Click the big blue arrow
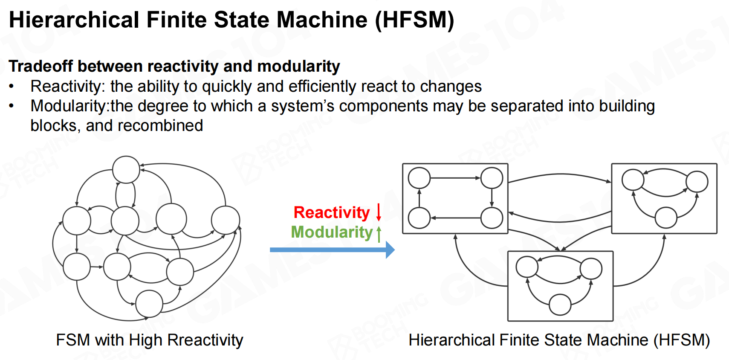[332, 250]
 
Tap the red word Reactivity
[331, 212]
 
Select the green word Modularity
[332, 232]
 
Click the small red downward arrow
[379, 212]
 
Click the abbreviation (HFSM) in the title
[415, 20]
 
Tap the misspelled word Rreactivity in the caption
[205, 340]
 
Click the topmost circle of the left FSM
[126, 170]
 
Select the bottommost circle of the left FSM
[149, 304]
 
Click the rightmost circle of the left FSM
[226, 220]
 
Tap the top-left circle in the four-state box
[419, 178]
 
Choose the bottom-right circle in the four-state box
[492, 218]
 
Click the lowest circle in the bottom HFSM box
[560, 305]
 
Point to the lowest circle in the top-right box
[666, 218]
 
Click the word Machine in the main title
[322, 20]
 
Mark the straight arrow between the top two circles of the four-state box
[455, 178]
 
